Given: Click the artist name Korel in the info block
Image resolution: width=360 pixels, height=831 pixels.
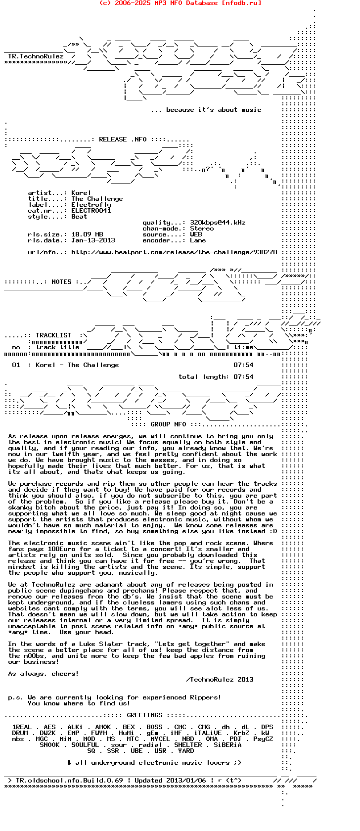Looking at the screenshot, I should [x=81, y=193].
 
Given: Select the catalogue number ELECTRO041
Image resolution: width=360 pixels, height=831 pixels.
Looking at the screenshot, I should [x=91, y=211].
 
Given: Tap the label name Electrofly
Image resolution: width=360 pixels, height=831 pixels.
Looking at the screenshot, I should [x=91, y=205].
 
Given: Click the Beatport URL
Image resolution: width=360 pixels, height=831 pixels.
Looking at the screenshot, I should [x=174, y=252].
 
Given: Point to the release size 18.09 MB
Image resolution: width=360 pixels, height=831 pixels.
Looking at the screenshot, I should [x=87, y=234].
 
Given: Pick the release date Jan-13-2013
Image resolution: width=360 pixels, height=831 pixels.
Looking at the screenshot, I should [x=93, y=240].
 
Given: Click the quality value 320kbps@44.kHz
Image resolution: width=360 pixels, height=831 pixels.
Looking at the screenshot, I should [x=218, y=223].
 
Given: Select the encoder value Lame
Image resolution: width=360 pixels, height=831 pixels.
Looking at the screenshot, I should [x=198, y=240].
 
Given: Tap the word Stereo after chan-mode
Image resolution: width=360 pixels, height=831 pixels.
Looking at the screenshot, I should [x=202, y=229].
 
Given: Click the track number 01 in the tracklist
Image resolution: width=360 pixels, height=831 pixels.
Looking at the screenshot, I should [x=16, y=365].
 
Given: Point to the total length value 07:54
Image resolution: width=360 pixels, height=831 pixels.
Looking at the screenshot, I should [x=243, y=377].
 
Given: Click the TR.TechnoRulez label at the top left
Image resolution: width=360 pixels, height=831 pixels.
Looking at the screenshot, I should [x=36, y=56].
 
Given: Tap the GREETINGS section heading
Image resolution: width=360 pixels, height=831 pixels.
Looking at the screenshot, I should [x=144, y=715].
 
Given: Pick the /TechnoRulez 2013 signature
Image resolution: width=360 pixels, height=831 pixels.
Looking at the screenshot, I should [x=220, y=680].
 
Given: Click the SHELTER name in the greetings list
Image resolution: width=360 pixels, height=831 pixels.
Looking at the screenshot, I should [x=188, y=745].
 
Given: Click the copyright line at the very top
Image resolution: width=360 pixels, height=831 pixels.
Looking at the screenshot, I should [x=180, y=3].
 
